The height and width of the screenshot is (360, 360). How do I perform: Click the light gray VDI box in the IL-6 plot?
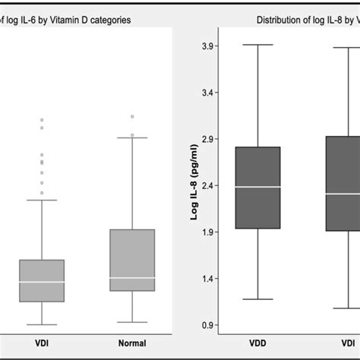point(42,281)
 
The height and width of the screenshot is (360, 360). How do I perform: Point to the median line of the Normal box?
point(132,277)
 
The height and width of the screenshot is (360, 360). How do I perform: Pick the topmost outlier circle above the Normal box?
point(132,117)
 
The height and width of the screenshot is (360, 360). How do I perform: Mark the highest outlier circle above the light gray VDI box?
point(42,120)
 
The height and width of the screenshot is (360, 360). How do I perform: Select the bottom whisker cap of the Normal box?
point(132,322)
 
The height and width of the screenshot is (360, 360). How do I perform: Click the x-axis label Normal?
point(132,343)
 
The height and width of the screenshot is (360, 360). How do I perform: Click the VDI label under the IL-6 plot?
point(42,343)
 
